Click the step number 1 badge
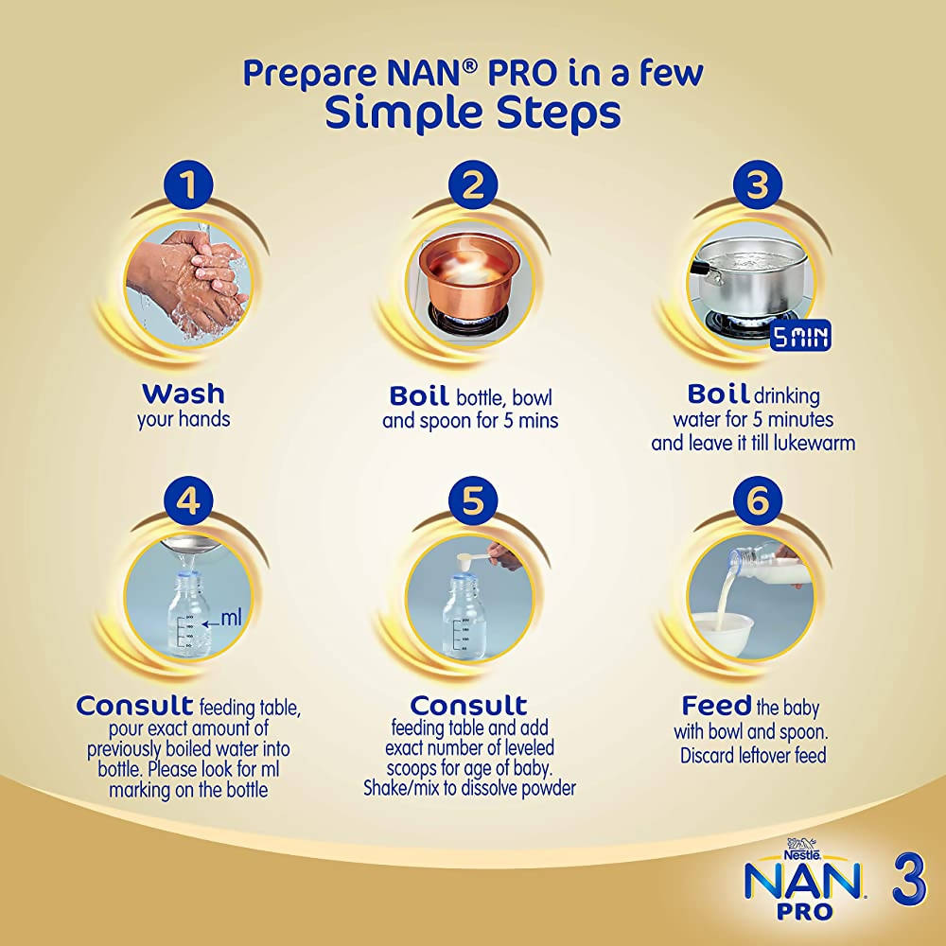tap(188, 184)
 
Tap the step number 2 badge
tap(473, 184)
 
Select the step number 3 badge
tap(758, 184)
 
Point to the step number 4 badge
tap(188, 500)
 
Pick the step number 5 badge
tap(473, 500)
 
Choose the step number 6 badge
tap(758, 500)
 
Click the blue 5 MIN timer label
tap(800, 336)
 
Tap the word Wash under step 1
tap(184, 394)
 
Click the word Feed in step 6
tap(717, 706)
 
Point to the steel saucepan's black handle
tap(704, 271)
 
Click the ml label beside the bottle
tap(231, 617)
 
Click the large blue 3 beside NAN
tap(908, 880)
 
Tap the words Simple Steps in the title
tap(473, 114)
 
